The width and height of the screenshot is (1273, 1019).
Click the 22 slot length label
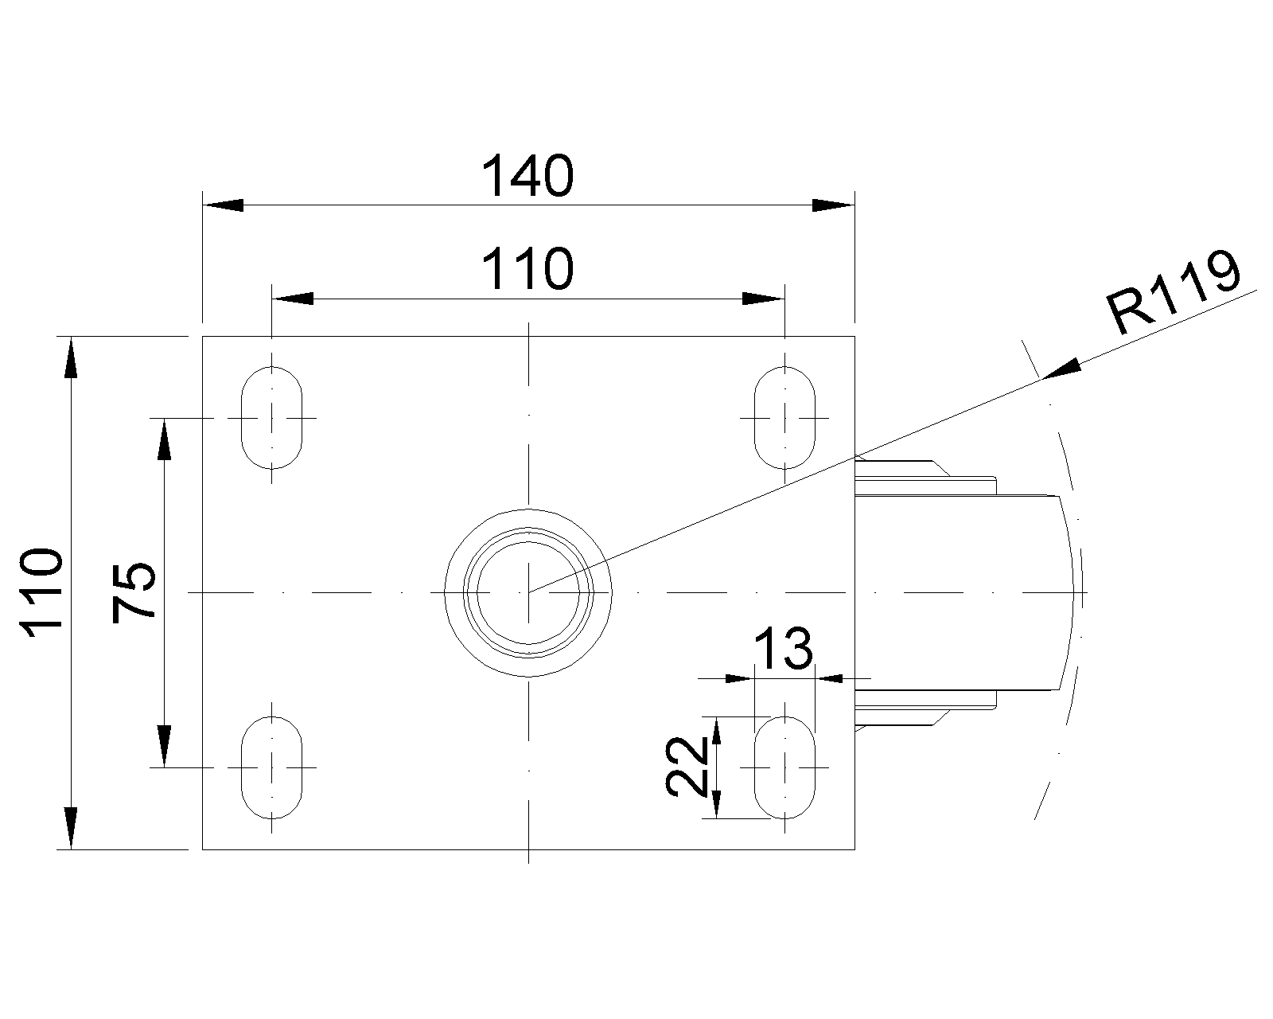coord(687,766)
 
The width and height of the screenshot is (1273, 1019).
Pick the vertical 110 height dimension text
coord(41,593)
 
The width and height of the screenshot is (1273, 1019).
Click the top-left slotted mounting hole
coord(272,417)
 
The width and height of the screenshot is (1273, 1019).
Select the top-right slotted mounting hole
coord(784,417)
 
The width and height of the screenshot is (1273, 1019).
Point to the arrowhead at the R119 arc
coord(1061,369)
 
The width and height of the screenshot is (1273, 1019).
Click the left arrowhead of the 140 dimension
coord(223,205)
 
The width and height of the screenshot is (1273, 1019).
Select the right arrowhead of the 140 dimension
coord(834,205)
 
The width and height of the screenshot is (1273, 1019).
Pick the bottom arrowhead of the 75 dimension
coord(165,747)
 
